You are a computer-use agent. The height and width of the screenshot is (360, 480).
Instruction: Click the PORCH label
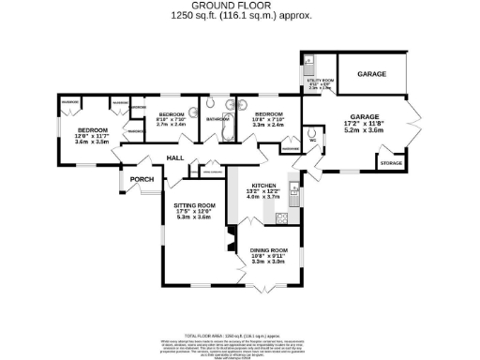142,179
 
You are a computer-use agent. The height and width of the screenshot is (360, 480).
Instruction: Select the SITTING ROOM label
195,204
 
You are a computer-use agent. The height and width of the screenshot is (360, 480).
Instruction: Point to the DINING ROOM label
268,249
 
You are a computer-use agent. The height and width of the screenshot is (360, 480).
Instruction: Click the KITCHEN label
263,184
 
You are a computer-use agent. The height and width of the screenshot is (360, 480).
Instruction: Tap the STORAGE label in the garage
391,163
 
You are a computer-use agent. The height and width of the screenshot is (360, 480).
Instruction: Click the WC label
312,142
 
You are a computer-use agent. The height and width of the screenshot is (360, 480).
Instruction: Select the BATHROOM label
217,120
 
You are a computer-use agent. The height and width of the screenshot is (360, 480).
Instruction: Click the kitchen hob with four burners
279,218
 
